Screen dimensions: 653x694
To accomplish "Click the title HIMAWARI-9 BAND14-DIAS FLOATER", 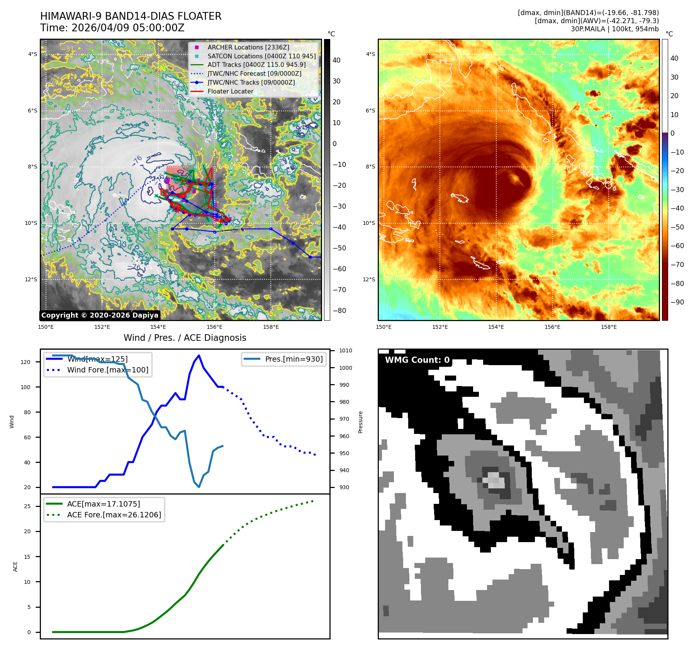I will coord(131,16).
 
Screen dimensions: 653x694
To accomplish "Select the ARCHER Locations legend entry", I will coord(248,47).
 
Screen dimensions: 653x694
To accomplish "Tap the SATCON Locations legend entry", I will coord(261,56).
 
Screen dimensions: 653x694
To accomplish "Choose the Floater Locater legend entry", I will coord(230,91).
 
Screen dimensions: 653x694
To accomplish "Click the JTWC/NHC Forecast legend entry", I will coord(254,73).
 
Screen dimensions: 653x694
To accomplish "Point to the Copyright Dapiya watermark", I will coord(100,315).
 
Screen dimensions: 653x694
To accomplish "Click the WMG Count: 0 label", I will coord(417,360).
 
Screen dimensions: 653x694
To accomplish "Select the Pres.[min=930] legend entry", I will coord(294,359).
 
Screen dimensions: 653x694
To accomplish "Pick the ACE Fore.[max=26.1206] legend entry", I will coord(114,515).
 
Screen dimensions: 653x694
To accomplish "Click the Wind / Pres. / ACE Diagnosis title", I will coord(185,338).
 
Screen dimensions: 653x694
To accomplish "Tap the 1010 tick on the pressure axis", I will coord(346,351).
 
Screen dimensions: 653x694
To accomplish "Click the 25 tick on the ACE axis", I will coord(27,506).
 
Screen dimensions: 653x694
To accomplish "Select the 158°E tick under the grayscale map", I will coord(271,327).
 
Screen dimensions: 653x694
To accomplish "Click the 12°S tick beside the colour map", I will coord(368,279).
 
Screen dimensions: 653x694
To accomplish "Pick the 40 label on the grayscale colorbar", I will coord(336,60).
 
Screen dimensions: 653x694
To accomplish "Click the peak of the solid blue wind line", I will coord(199,355).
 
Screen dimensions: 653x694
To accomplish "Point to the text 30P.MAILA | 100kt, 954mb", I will coord(614,29).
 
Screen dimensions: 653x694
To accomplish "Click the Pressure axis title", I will coord(360,422).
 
